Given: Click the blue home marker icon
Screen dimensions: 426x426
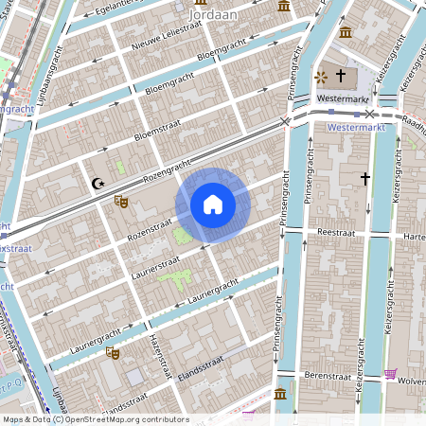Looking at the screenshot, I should (x=213, y=204).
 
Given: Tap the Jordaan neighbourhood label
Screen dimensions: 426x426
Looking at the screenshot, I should (x=213, y=15).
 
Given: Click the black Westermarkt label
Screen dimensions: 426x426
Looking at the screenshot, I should (x=343, y=98).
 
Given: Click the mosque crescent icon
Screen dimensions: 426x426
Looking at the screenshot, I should (x=96, y=184).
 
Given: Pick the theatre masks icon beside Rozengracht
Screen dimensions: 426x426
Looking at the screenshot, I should (x=120, y=201).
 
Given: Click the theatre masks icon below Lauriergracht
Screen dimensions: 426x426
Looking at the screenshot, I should (x=114, y=352).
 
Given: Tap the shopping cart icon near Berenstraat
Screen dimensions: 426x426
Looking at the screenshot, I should (x=391, y=374).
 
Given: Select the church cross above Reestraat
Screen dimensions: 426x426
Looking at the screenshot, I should (x=364, y=177).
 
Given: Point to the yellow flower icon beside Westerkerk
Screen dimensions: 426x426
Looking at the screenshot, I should (x=320, y=75).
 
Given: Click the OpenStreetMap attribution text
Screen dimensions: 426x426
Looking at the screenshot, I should (x=95, y=419).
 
